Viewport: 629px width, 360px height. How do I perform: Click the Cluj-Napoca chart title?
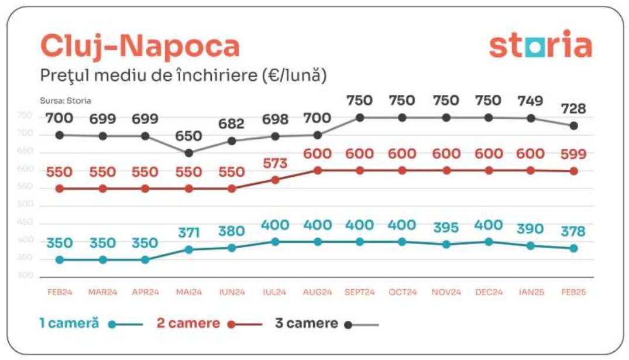pyautogui.click(x=140, y=46)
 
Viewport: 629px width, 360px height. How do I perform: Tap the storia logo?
pyautogui.click(x=540, y=46)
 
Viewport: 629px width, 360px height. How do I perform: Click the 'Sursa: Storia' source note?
pyautogui.click(x=66, y=101)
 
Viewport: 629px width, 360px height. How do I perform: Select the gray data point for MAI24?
pyautogui.click(x=188, y=153)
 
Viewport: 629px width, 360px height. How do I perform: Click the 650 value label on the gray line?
pyautogui.click(x=188, y=136)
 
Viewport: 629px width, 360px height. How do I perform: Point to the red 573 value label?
pyautogui.click(x=275, y=163)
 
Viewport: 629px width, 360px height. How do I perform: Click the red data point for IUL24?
pyautogui.click(x=275, y=180)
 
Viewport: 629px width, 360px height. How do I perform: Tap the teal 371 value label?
pyautogui.click(x=188, y=233)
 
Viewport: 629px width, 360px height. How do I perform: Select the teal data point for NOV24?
pyautogui.click(x=446, y=244)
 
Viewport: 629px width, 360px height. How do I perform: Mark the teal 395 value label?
pyautogui.click(x=446, y=228)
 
